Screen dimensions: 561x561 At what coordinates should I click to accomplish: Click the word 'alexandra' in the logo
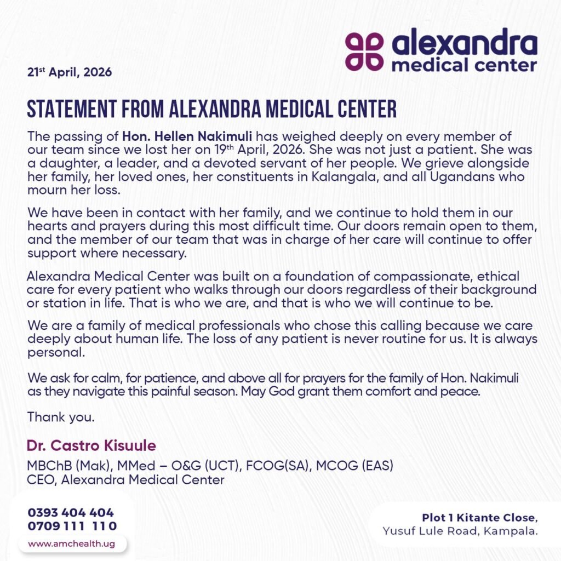(x=465, y=44)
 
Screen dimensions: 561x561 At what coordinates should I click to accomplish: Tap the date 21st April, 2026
(x=70, y=72)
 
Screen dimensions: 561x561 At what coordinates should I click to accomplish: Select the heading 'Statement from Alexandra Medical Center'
(x=211, y=109)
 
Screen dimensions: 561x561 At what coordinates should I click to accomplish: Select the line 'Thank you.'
(x=61, y=417)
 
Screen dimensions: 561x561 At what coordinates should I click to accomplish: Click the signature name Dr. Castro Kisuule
(x=91, y=445)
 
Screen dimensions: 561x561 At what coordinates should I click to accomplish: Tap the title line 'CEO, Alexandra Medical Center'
(x=126, y=480)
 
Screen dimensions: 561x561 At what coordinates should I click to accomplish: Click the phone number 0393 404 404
(x=71, y=513)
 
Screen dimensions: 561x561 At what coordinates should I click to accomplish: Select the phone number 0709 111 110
(x=72, y=526)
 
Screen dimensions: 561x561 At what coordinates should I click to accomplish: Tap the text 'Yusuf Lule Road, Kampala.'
(x=460, y=530)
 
